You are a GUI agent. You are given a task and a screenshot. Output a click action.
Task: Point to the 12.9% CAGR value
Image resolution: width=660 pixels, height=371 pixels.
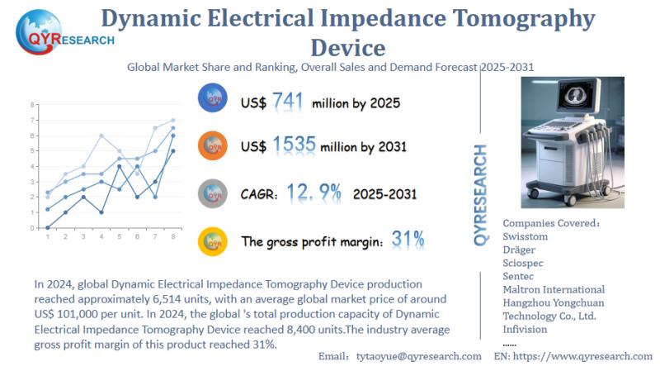(x=313, y=193)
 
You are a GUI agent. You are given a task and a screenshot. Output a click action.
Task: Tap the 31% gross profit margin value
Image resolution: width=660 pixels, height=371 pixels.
(x=408, y=240)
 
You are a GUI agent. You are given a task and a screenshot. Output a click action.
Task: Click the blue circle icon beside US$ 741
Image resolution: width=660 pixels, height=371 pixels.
(x=213, y=98)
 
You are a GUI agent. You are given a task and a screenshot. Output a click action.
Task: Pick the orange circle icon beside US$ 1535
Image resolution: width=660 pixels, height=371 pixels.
(x=213, y=145)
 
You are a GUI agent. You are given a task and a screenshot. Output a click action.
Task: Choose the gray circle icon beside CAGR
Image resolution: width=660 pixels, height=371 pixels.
(x=213, y=193)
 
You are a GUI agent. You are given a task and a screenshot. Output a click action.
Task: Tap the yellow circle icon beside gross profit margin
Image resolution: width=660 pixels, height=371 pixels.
(x=213, y=240)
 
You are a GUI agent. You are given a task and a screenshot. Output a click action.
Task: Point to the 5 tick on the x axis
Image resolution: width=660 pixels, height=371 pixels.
(x=120, y=237)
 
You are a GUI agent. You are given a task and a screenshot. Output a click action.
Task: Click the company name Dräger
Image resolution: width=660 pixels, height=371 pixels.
(x=523, y=250)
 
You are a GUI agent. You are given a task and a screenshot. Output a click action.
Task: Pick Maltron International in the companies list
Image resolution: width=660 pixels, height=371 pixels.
(x=554, y=289)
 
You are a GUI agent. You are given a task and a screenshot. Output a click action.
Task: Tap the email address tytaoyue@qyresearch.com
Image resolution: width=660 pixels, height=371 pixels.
(x=418, y=355)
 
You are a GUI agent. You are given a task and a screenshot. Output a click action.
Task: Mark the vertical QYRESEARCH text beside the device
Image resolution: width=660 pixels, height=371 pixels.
(x=481, y=194)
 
